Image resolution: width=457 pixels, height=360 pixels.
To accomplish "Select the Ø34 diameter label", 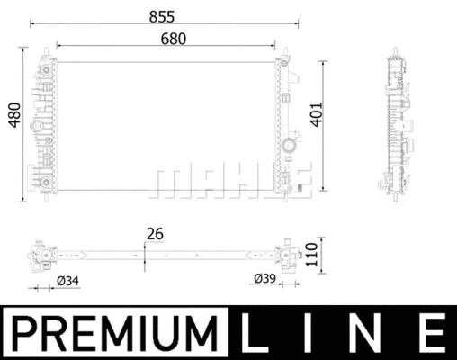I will click(67, 283).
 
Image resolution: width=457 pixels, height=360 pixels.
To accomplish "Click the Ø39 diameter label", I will click(262, 277).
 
